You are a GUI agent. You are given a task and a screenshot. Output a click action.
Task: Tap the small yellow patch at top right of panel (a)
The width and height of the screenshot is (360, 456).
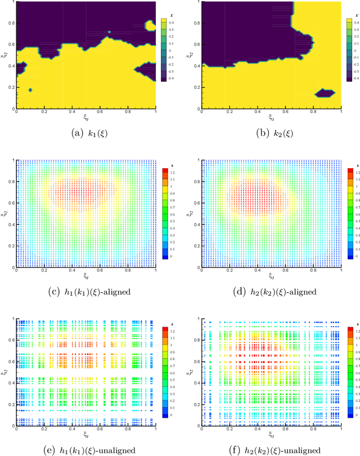coord(150,25)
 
